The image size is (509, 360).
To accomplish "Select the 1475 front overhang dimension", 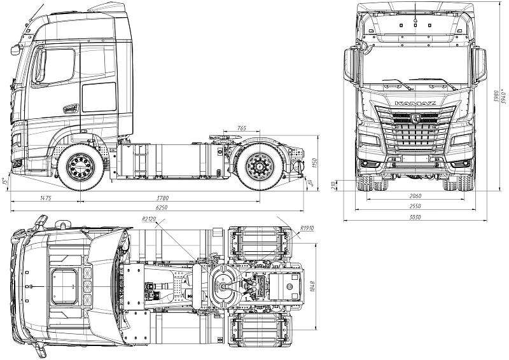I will (45, 198).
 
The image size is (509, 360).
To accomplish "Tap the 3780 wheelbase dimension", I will (167, 198).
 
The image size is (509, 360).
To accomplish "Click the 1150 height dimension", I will (314, 163).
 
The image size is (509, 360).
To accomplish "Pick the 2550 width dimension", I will (415, 207).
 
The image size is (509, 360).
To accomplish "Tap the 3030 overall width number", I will (415, 217).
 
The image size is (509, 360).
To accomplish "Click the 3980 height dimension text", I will (494, 95).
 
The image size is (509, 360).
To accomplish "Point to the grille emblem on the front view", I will (415, 118).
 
